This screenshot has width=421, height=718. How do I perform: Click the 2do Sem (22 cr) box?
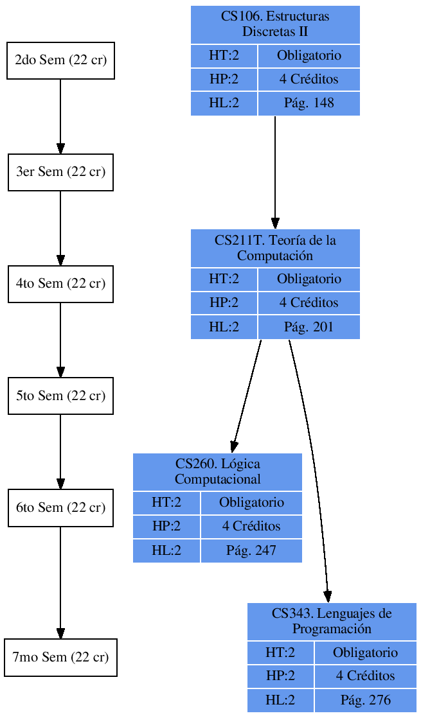(x=60, y=60)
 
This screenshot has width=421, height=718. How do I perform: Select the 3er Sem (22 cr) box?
(x=60, y=172)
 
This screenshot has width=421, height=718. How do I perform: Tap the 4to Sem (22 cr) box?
(x=60, y=284)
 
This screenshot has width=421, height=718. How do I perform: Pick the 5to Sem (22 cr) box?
(x=60, y=396)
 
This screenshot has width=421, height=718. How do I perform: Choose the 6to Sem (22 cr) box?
(x=60, y=507)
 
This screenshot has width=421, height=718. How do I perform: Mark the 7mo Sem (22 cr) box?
(x=60, y=657)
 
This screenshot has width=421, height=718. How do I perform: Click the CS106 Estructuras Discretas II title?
(x=275, y=24)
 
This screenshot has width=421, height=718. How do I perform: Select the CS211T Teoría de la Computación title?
(x=275, y=248)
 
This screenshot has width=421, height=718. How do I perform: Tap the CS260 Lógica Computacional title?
(x=217, y=472)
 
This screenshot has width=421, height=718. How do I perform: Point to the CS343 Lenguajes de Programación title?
(x=332, y=621)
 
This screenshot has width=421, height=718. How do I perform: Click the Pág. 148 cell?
(x=309, y=103)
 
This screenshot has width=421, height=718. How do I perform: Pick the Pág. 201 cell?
(x=309, y=327)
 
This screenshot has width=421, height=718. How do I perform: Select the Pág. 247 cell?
(x=251, y=550)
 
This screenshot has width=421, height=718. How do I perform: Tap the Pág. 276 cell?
(x=365, y=700)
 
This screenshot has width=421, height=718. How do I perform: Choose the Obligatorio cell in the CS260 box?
(x=251, y=502)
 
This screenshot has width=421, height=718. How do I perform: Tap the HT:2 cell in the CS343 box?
(x=280, y=652)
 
